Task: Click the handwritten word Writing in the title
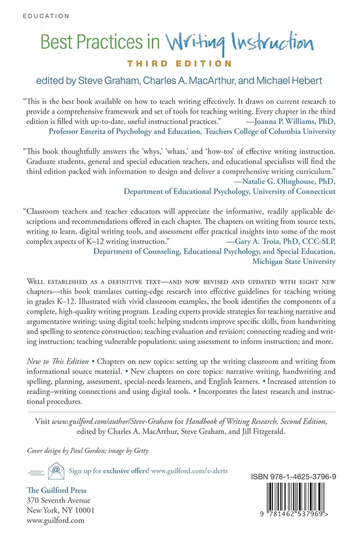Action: coord(193,43)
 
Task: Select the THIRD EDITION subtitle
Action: coord(179,63)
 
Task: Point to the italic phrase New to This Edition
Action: coord(57,362)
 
